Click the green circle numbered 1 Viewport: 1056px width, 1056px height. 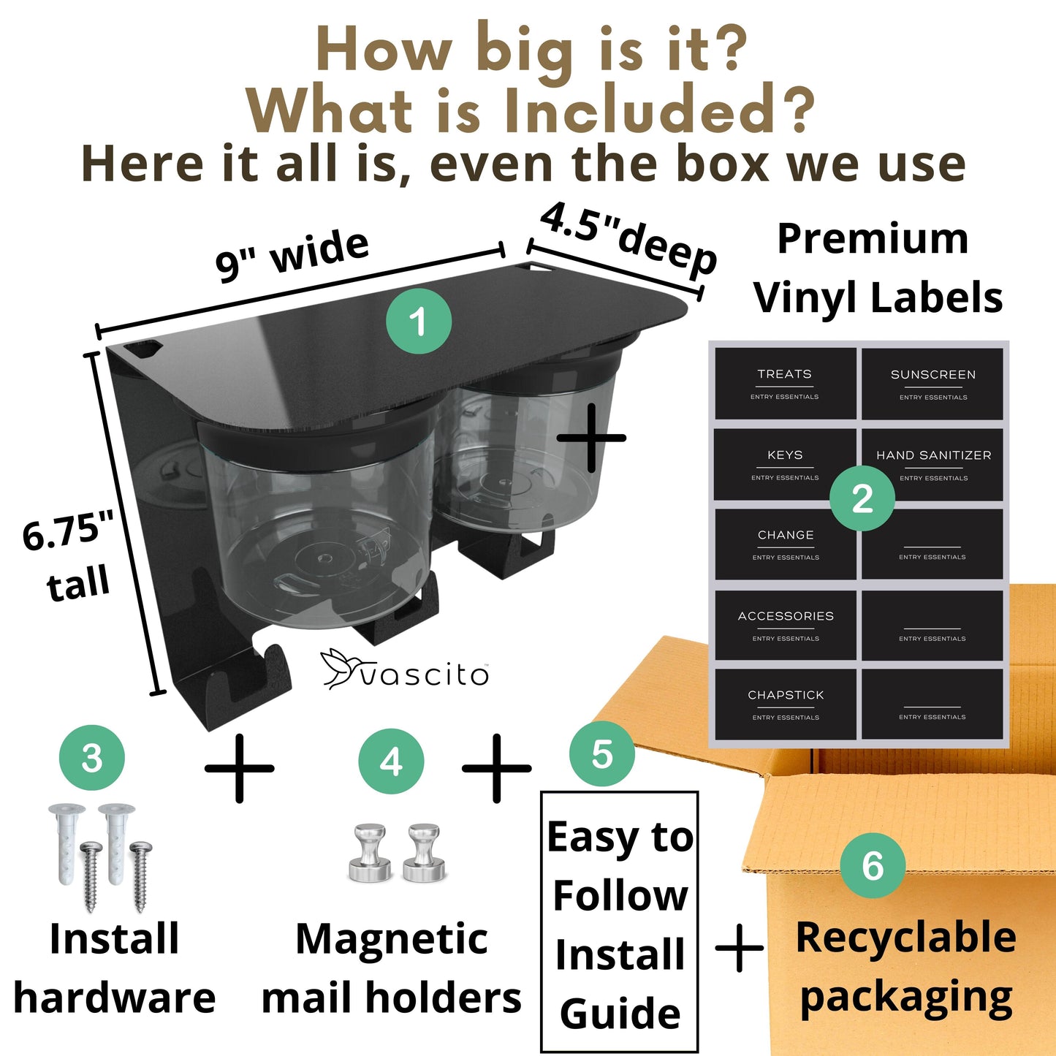pyautogui.click(x=419, y=321)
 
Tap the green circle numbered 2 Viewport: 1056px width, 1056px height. pyautogui.click(x=862, y=498)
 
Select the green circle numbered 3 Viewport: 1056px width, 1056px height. pyautogui.click(x=92, y=758)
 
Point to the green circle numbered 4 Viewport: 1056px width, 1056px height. pyautogui.click(x=391, y=761)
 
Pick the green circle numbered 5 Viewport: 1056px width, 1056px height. pyautogui.click(x=602, y=754)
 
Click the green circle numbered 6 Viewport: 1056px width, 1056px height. pyautogui.click(x=873, y=865)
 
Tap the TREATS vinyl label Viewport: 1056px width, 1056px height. pyautogui.click(x=785, y=383)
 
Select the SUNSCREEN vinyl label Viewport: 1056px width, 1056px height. pyautogui.click(x=932, y=384)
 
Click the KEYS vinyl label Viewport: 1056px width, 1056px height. pyautogui.click(x=785, y=464)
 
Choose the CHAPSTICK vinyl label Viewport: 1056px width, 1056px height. pyautogui.click(x=786, y=704)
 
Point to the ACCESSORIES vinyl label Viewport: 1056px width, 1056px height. pyautogui.click(x=786, y=625)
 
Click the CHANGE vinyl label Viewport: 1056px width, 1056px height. pyautogui.click(x=786, y=544)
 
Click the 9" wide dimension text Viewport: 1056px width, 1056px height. pyautogui.click(x=292, y=255)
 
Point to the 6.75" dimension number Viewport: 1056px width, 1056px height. pyautogui.click(x=68, y=531)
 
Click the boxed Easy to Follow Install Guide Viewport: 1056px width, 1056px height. pyautogui.click(x=619, y=922)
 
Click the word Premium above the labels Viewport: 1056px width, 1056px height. pyautogui.click(x=873, y=240)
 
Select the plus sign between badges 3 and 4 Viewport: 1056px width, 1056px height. pyautogui.click(x=240, y=768)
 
